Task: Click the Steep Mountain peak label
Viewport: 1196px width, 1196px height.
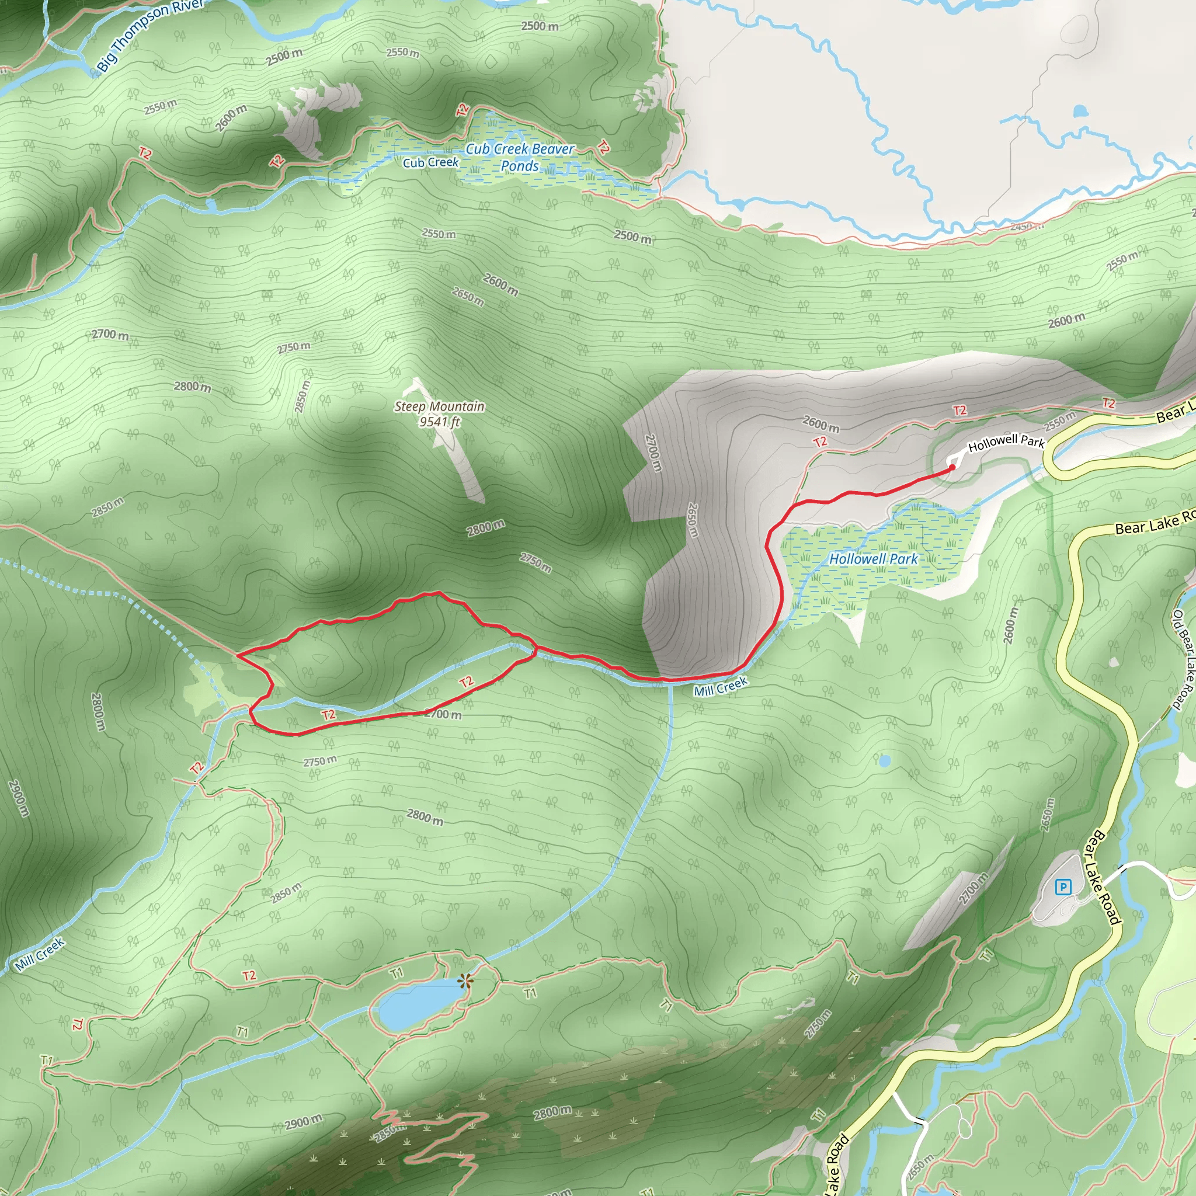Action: click(x=439, y=406)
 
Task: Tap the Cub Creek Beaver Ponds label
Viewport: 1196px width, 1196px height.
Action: click(x=519, y=157)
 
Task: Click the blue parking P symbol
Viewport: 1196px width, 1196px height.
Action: click(x=1063, y=888)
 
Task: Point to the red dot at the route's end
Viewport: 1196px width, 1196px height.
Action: click(x=952, y=468)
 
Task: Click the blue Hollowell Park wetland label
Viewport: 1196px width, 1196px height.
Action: click(x=874, y=558)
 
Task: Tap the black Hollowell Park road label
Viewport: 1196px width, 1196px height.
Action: click(x=1006, y=442)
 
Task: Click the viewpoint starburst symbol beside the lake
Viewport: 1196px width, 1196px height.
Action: click(x=465, y=981)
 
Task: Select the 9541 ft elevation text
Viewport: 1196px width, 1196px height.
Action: click(x=440, y=422)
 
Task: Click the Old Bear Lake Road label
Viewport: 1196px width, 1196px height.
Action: click(x=1183, y=659)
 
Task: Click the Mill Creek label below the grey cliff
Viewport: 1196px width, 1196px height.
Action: click(x=721, y=687)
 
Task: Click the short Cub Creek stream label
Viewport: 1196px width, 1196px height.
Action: click(x=430, y=163)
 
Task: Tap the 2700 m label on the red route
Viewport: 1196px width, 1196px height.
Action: click(x=443, y=714)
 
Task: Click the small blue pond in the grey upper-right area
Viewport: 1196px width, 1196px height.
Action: click(x=1080, y=112)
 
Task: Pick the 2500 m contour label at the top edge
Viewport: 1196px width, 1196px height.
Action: click(x=539, y=26)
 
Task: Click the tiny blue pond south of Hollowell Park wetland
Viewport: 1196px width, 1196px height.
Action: click(x=885, y=760)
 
